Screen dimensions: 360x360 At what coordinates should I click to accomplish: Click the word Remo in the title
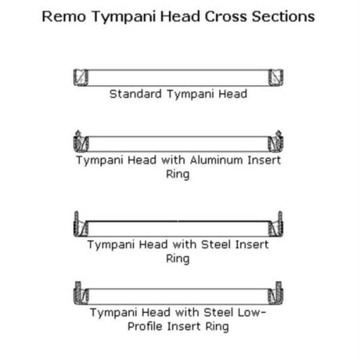point(64,16)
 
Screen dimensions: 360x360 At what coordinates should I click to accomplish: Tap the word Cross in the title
point(226,16)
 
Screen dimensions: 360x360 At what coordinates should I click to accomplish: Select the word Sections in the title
point(283,16)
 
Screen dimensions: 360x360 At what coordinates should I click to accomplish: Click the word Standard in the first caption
point(135,94)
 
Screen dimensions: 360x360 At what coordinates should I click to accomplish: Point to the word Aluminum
point(217,160)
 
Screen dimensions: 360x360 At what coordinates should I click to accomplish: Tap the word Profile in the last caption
point(145,326)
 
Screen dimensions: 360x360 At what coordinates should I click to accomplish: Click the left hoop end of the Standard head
point(81,77)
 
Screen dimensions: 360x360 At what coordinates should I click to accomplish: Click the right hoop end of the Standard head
point(276,77)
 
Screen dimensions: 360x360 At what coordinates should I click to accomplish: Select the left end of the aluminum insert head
point(81,141)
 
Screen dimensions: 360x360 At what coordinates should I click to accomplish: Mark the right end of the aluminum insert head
point(276,141)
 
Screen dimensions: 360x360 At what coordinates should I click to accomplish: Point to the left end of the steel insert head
point(81,224)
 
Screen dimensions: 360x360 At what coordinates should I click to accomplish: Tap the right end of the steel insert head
point(276,224)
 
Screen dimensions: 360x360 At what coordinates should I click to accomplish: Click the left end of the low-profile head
point(81,293)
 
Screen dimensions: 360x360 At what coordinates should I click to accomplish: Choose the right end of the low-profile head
point(276,293)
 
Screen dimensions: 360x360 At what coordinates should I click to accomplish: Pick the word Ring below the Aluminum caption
point(178,174)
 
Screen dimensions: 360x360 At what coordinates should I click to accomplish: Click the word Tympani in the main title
point(123,17)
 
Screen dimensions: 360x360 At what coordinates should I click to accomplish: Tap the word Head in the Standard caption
point(233,94)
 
